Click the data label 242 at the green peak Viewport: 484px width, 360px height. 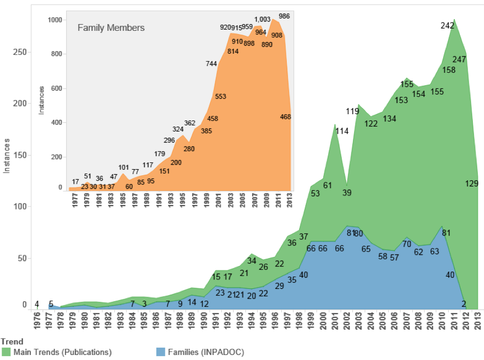click(x=447, y=25)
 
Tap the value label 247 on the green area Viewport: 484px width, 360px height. click(x=459, y=59)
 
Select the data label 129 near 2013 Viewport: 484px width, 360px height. click(x=472, y=183)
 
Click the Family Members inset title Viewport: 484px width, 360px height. click(x=111, y=27)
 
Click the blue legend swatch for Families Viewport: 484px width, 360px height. click(x=160, y=352)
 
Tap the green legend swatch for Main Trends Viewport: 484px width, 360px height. click(x=7, y=352)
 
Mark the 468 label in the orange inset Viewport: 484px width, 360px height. click(x=285, y=116)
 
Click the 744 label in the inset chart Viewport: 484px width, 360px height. click(x=211, y=64)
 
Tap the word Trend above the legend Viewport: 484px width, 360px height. click(x=12, y=341)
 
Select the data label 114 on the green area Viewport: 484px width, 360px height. click(x=342, y=131)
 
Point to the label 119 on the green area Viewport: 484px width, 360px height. click(x=352, y=111)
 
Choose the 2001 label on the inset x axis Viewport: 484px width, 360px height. click(x=217, y=200)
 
